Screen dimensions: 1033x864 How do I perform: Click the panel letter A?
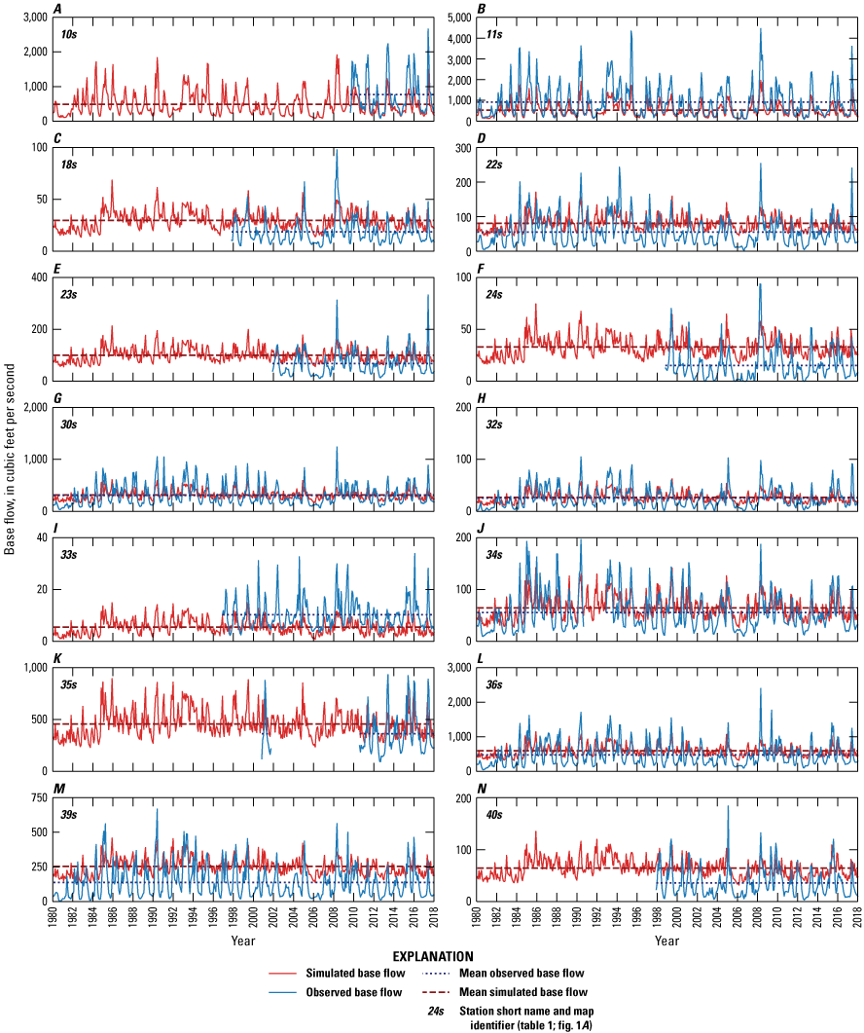pos(58,9)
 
